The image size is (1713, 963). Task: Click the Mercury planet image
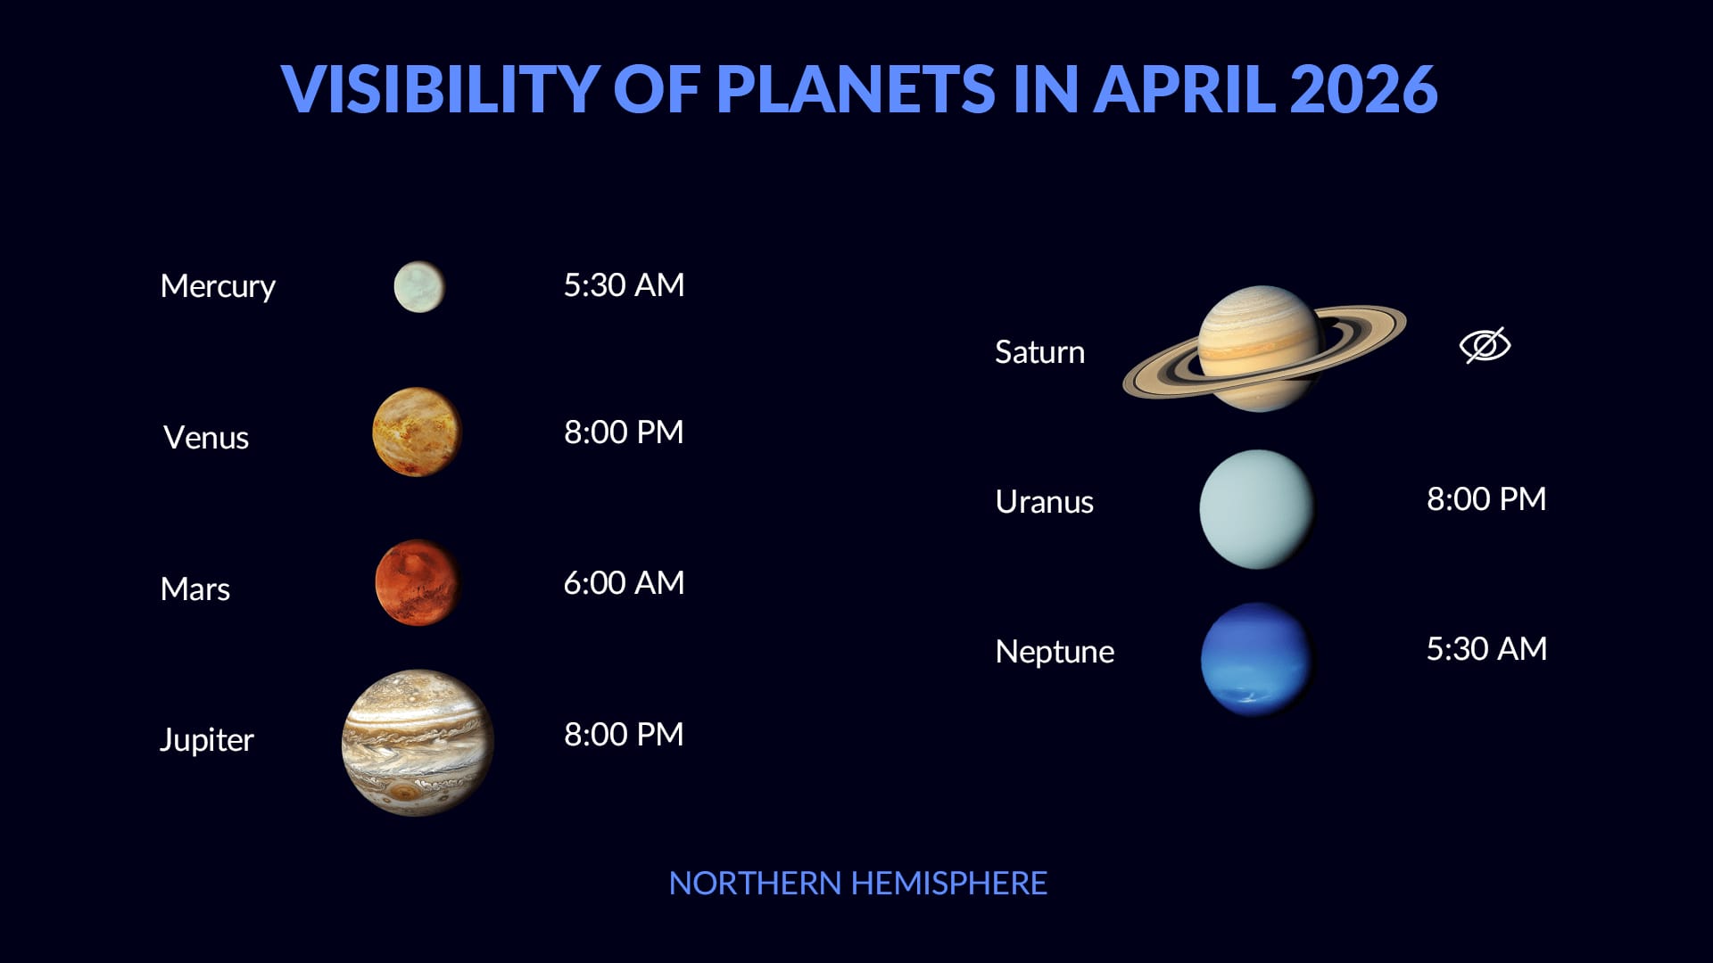tap(419, 286)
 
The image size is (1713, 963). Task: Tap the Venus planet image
tap(417, 432)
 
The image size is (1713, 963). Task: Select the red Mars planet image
tap(417, 582)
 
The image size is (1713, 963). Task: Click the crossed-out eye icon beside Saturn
tap(1485, 345)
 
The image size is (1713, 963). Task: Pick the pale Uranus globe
tap(1256, 508)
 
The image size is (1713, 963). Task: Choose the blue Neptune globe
tap(1256, 659)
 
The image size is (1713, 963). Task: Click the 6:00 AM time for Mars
tap(624, 583)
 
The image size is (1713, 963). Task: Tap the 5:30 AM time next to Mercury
tap(624, 285)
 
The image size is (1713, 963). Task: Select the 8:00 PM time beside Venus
tap(624, 432)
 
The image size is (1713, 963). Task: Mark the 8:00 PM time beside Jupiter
tap(624, 735)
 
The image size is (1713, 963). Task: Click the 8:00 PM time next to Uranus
tap(1485, 499)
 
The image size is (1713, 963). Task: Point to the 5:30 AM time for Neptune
tap(1485, 649)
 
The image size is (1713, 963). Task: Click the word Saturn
tap(1039, 352)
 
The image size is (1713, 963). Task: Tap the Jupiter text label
tap(206, 740)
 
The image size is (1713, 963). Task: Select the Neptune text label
tap(1054, 652)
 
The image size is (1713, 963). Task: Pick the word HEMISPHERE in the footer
tap(948, 884)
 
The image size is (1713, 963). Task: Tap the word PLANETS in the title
tap(855, 89)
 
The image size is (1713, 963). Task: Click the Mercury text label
tap(218, 286)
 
